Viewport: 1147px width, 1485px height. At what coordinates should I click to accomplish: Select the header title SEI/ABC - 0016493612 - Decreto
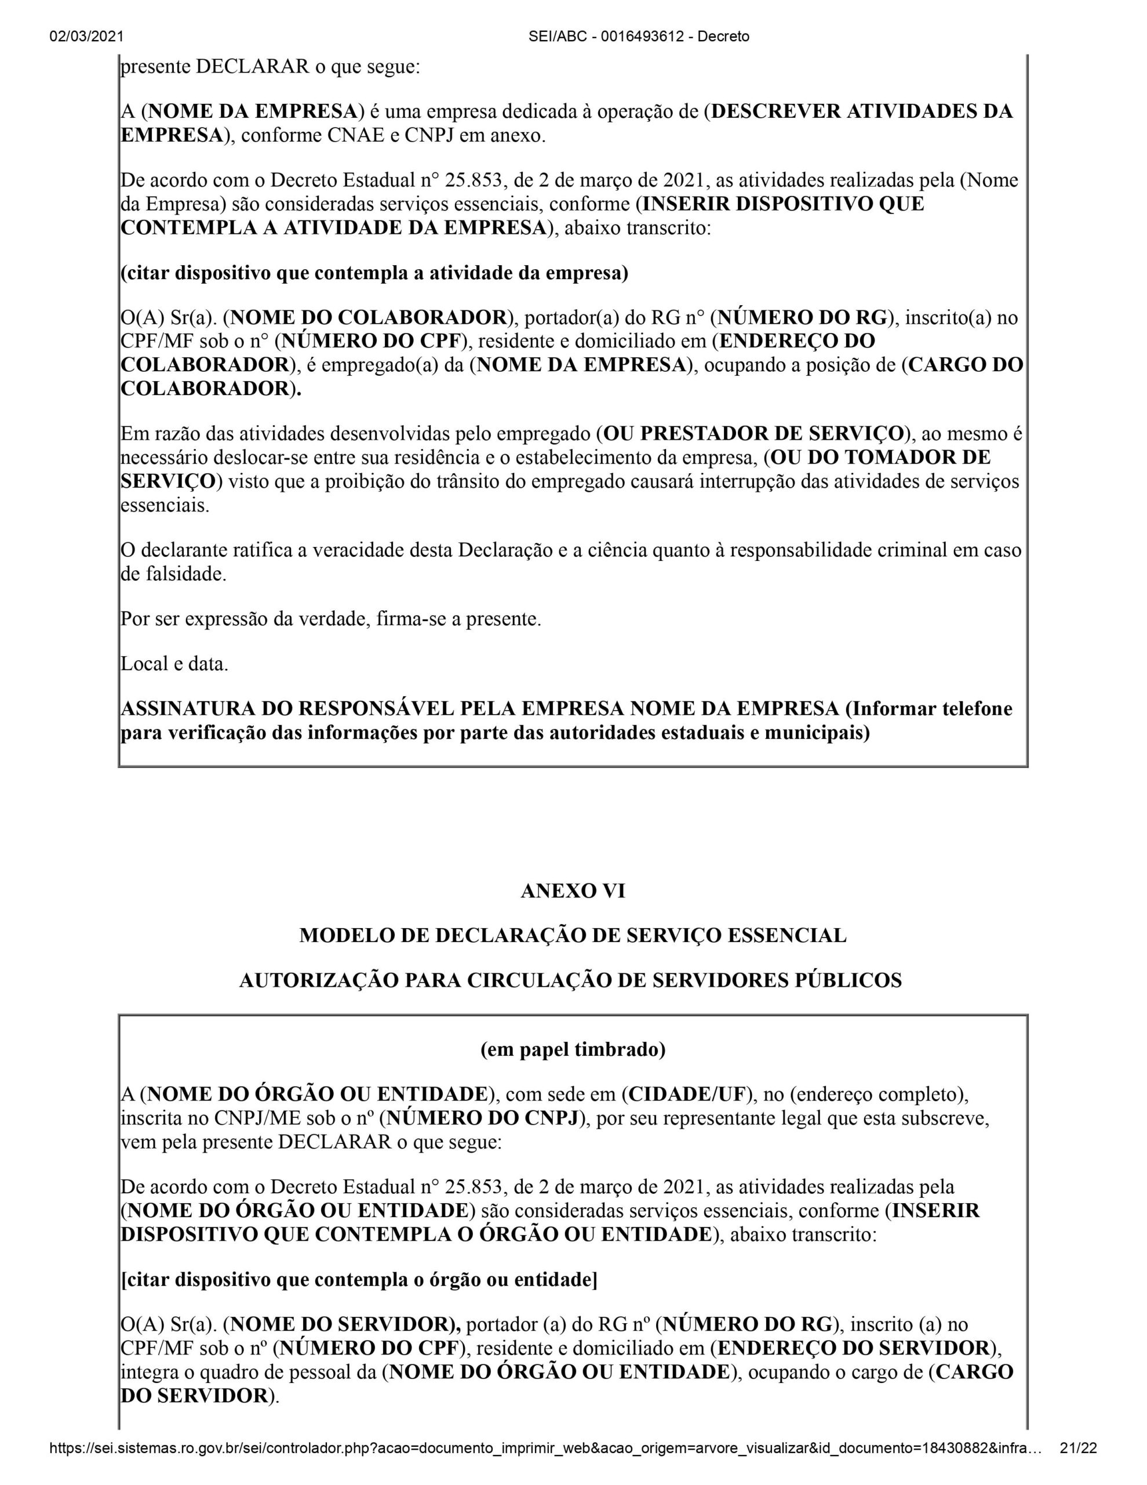(639, 37)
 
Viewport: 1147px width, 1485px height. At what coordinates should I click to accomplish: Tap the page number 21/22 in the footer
(1079, 1468)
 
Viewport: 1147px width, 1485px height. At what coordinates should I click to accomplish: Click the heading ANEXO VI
(573, 891)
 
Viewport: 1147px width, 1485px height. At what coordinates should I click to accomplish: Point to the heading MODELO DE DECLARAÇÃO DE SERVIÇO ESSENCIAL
(573, 936)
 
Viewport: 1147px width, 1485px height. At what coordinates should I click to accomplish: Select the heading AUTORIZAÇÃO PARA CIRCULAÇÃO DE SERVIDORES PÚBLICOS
(570, 980)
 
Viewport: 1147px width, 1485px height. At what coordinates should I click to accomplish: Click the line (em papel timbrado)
(573, 1050)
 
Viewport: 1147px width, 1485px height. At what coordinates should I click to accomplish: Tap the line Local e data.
(174, 664)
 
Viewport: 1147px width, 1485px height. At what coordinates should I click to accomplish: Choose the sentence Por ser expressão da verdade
(330, 620)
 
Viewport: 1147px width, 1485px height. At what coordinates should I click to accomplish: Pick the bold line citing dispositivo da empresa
(374, 273)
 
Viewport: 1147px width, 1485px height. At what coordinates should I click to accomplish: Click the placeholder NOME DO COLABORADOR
(369, 317)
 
